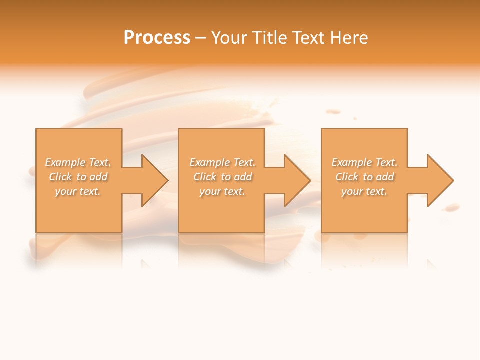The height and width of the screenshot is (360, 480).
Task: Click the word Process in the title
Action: (157, 38)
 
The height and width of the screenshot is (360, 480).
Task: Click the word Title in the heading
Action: (268, 38)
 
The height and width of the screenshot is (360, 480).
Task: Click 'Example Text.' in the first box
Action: (78, 162)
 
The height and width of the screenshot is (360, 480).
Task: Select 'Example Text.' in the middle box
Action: (222, 162)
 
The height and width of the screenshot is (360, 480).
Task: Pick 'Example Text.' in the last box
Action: (364, 162)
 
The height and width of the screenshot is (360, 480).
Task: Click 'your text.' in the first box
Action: (78, 191)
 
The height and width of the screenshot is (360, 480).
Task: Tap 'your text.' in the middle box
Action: (222, 191)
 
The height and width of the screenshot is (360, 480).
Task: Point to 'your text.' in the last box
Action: (364, 191)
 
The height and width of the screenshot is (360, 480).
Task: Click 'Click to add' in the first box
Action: (78, 177)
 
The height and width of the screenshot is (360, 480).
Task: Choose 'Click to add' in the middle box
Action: (222, 177)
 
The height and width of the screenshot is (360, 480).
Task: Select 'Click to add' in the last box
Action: (364, 177)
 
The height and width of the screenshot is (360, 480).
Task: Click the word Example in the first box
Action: (65, 162)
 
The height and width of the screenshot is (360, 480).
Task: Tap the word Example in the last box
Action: (351, 162)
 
